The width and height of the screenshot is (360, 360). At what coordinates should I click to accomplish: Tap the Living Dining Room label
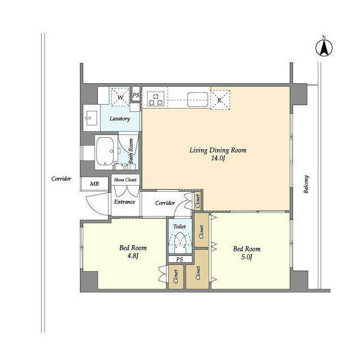217,150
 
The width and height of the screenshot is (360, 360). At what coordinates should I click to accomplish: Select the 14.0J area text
218,159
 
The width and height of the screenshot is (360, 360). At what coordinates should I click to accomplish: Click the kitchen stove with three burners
156,98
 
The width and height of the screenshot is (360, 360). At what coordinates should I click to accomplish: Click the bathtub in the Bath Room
105,150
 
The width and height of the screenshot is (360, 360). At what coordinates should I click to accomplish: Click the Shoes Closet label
125,180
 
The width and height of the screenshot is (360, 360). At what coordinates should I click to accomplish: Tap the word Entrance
124,201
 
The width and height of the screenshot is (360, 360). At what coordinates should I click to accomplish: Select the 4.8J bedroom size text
133,257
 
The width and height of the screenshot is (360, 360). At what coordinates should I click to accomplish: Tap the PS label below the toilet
179,259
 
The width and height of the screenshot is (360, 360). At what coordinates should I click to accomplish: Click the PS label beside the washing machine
136,96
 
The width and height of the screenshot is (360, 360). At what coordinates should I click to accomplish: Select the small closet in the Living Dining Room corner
198,199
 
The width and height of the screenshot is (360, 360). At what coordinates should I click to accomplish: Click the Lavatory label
120,119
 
